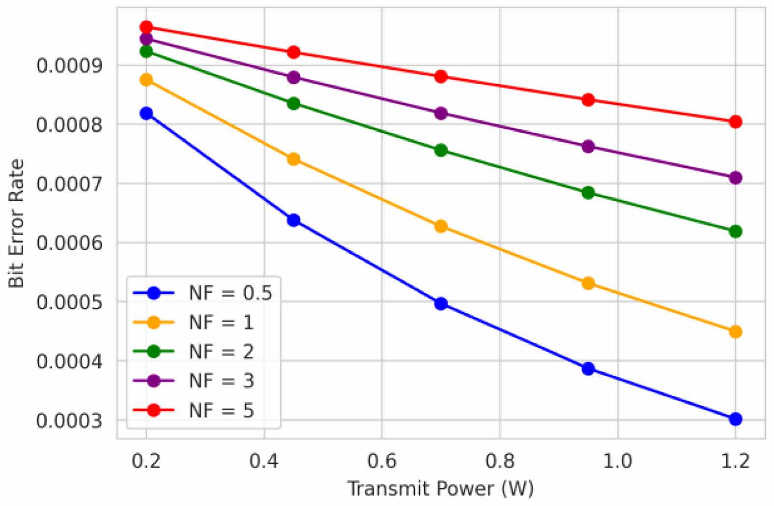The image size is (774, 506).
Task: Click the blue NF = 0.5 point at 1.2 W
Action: coord(735,419)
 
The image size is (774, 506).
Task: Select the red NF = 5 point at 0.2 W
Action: coord(146,27)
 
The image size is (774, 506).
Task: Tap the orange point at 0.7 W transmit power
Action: coord(441,226)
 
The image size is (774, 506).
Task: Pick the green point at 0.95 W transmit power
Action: coord(588,192)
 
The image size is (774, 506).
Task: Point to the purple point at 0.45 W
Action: coord(293,77)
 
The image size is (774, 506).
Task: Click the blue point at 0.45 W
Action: coord(293,220)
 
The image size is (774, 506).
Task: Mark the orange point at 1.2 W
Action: coord(735,331)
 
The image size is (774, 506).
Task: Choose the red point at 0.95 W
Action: coord(588,100)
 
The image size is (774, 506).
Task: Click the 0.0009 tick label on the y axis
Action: coord(69,65)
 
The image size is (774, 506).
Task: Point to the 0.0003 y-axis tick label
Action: coord(69,420)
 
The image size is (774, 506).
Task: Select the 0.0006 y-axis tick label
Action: coord(69,242)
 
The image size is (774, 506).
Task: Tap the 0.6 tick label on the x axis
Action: coord(382,461)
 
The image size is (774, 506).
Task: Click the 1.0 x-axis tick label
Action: coord(617,461)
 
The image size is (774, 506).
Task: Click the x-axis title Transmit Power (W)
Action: coord(440,489)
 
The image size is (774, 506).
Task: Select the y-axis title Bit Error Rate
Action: coord(16,223)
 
